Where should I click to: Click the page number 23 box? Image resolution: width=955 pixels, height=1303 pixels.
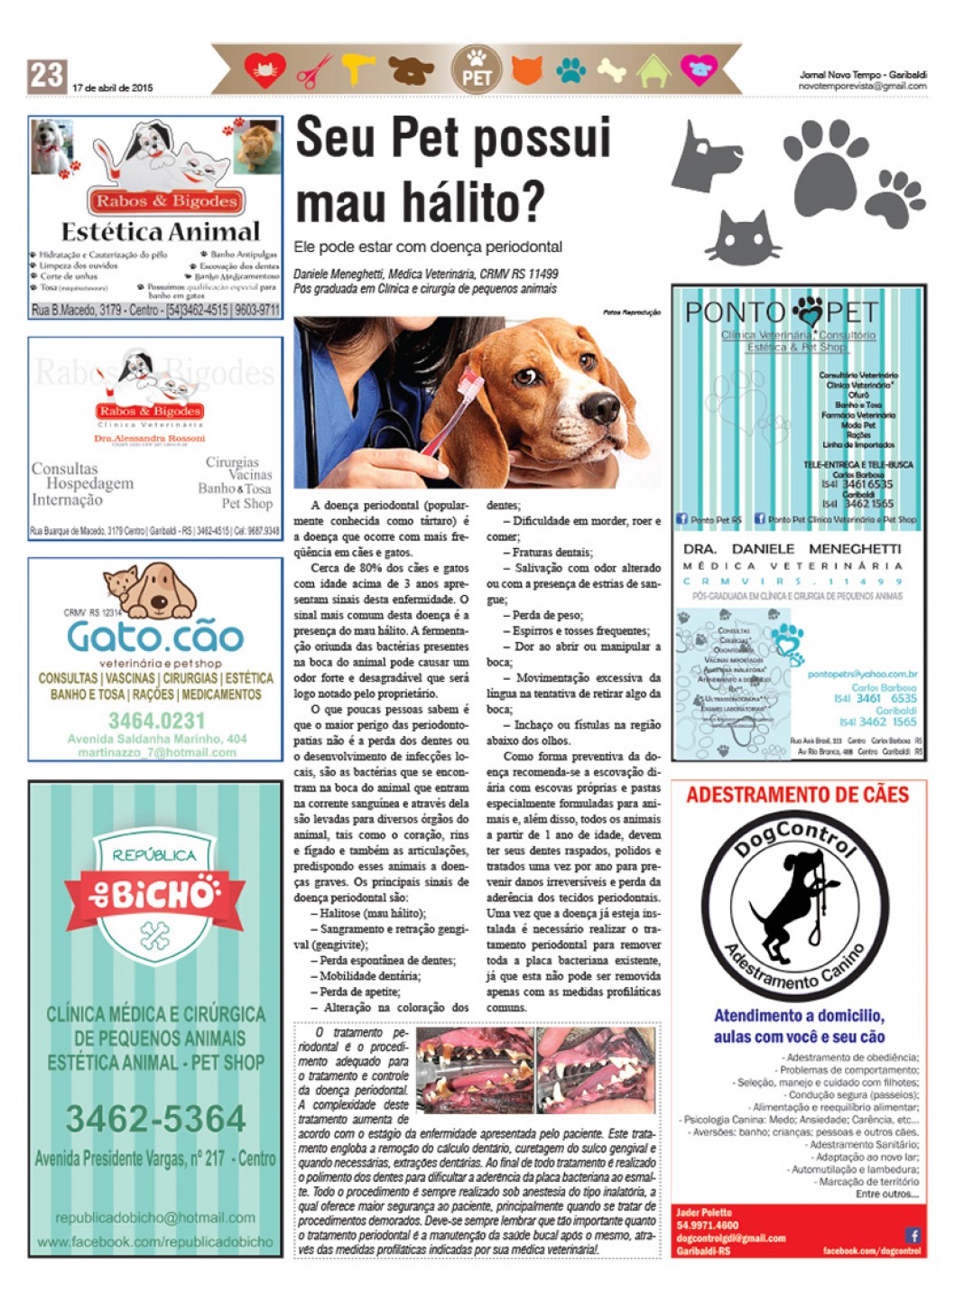47,75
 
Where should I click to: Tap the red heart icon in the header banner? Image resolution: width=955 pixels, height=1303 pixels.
264,70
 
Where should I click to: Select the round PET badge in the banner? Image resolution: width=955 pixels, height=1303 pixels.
476,70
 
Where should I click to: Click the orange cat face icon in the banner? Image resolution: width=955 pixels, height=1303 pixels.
526,70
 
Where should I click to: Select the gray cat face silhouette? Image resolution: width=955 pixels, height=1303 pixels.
743,237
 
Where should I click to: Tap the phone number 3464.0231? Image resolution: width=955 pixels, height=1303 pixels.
157,721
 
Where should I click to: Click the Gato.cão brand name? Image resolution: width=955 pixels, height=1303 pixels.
155,638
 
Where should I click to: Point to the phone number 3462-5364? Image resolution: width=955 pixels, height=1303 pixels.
155,1119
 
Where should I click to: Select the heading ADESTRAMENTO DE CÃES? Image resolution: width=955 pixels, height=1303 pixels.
798,796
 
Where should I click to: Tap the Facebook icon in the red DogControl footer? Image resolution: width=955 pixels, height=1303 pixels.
913,1234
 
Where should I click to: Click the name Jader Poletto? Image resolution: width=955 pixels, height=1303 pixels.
704,1213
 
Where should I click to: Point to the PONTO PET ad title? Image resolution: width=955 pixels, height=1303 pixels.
781,313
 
